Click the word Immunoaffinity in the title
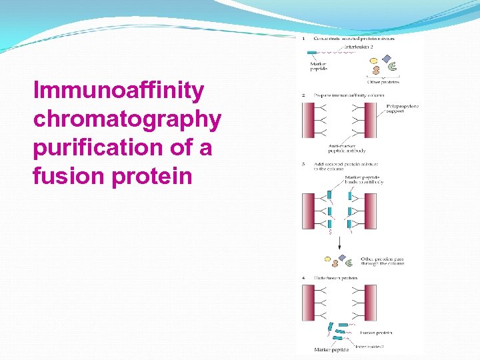[119, 91]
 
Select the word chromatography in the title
[127, 119]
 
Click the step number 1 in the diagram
[304, 39]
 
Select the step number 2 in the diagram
[304, 95]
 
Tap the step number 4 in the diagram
[304, 277]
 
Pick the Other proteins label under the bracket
[383, 82]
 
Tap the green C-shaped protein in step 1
[392, 66]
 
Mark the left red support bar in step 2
[309, 120]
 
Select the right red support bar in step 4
[371, 303]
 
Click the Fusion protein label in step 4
[375, 332]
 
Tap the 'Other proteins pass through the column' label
[382, 261]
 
